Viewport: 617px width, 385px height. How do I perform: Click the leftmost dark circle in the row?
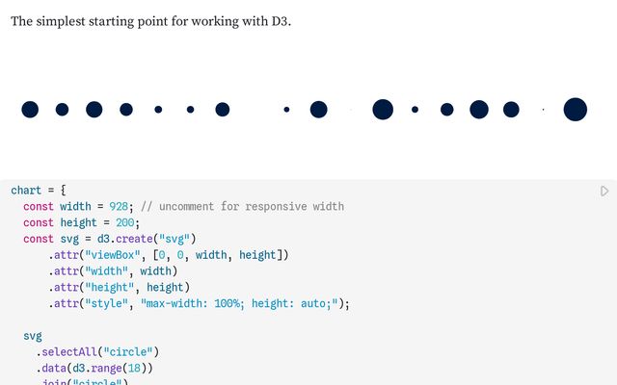point(30,110)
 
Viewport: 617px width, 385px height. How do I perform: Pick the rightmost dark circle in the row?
point(576,110)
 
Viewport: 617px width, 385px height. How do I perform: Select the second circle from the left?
point(62,110)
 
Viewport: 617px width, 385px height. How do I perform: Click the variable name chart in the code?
point(26,191)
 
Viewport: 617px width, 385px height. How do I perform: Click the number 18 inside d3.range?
point(140,369)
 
